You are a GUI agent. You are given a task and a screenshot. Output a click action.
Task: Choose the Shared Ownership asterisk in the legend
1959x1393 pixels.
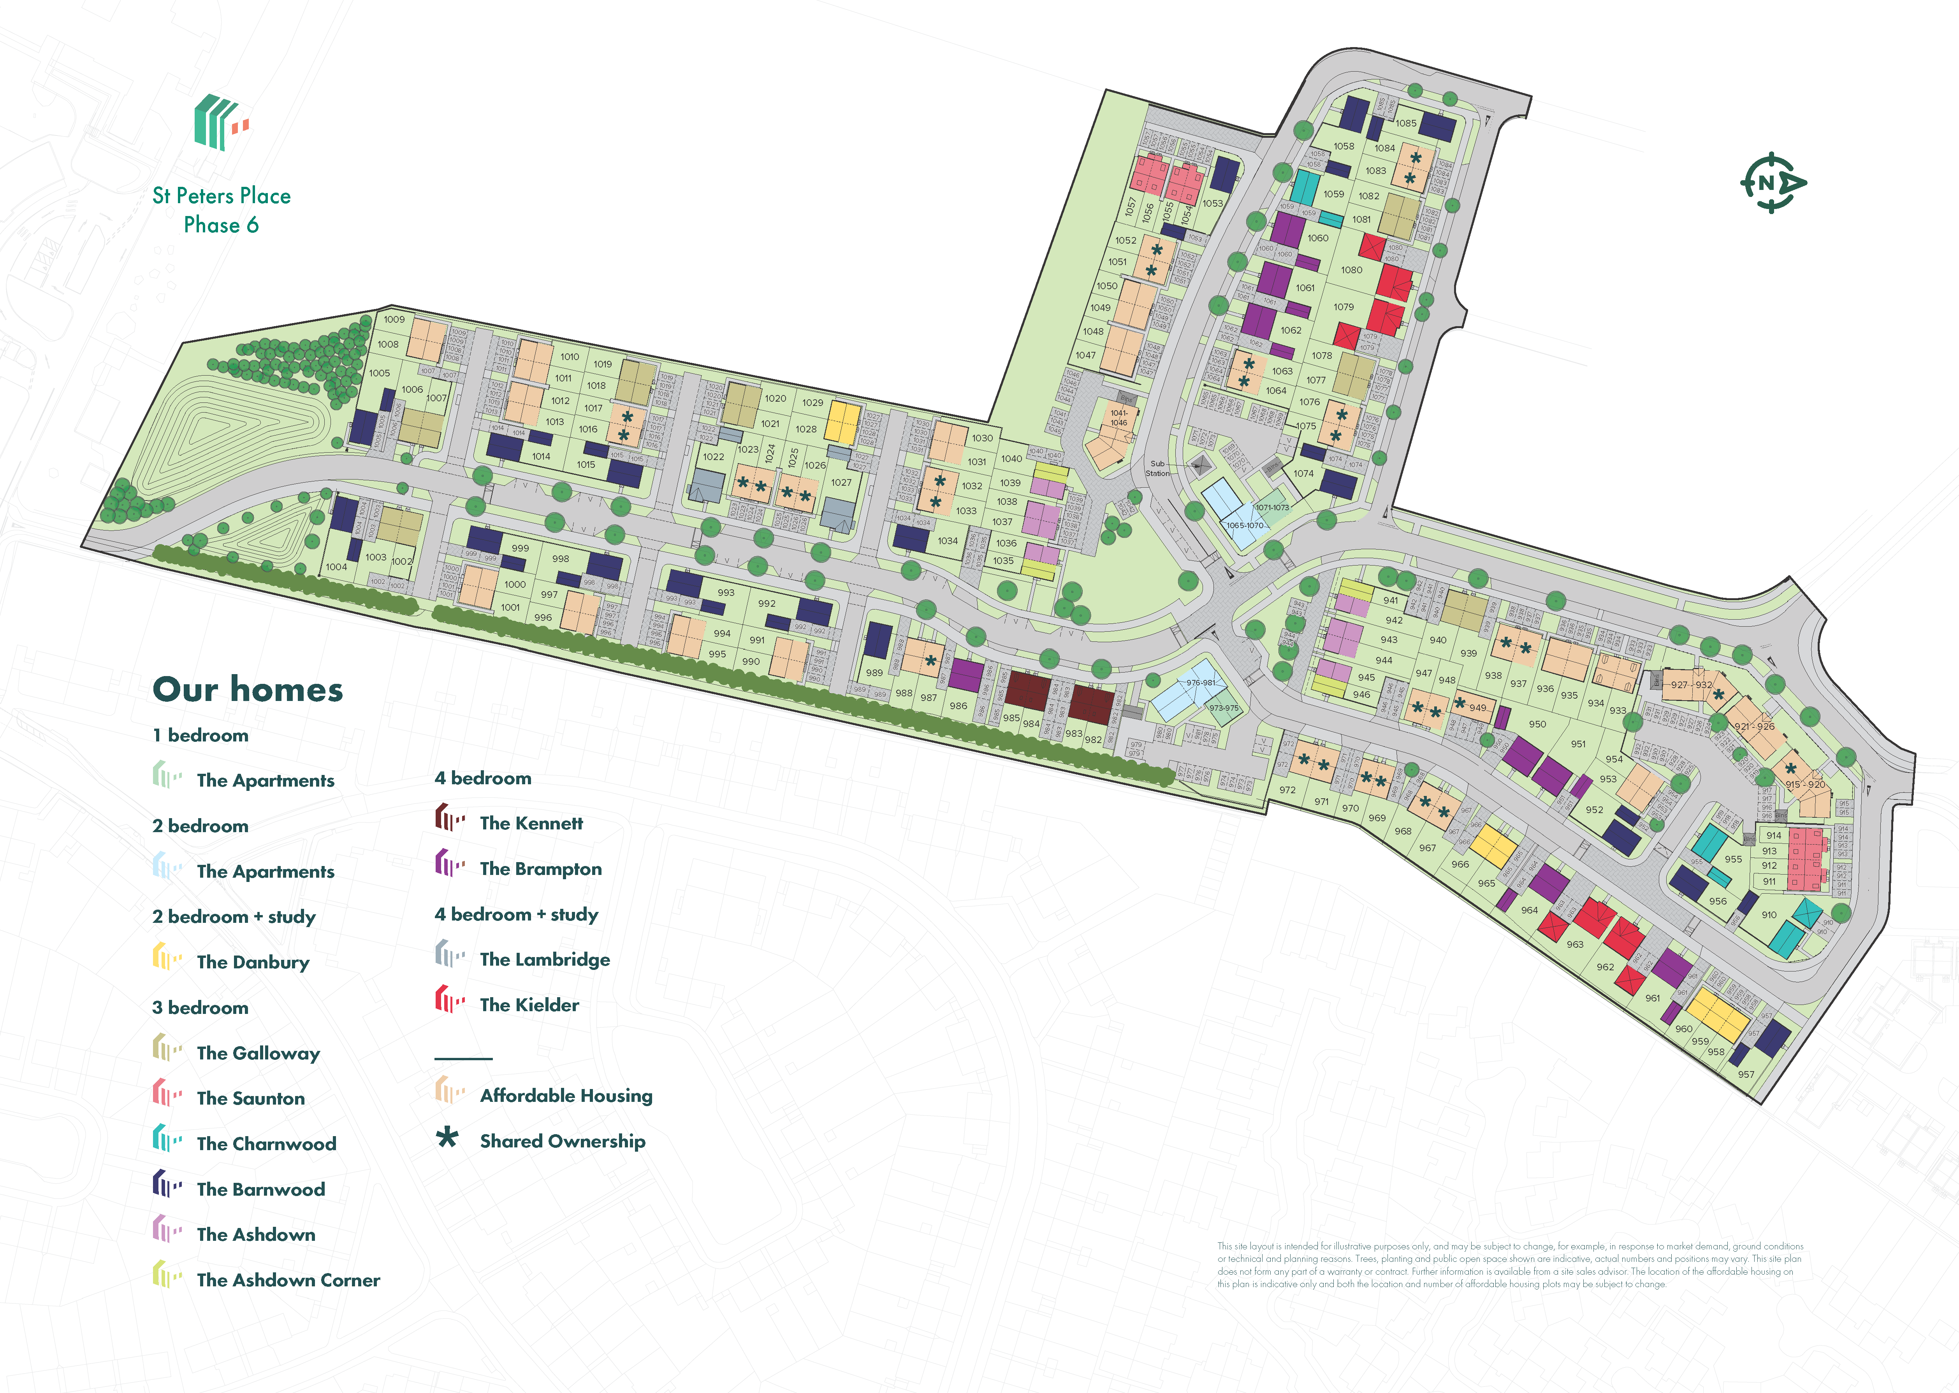(447, 1139)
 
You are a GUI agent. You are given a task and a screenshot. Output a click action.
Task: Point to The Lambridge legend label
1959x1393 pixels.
(545, 959)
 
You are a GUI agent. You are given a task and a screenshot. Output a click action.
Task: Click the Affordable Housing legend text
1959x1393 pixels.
(566, 1095)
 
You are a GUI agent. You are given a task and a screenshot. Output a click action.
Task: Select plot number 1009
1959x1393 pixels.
(394, 319)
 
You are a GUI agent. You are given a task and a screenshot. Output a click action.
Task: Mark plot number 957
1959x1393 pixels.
(1745, 1074)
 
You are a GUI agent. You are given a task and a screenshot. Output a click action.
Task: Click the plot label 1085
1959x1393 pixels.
(1406, 123)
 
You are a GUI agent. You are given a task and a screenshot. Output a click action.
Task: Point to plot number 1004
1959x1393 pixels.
(336, 567)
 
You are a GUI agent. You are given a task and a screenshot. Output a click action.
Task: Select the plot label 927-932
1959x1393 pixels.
(1690, 685)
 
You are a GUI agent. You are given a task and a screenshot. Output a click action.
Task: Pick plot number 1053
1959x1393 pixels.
(1212, 203)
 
